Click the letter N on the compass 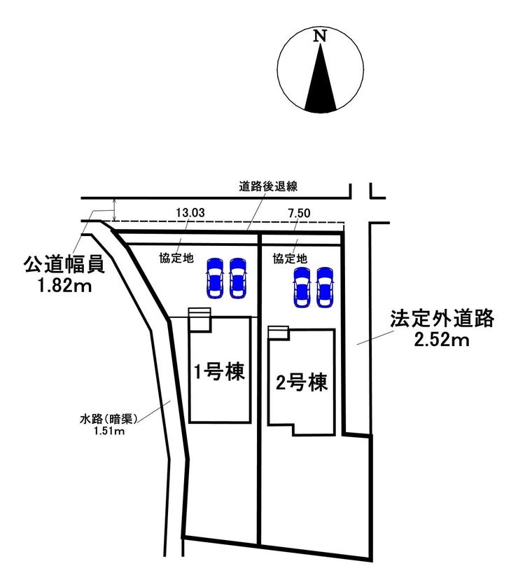coord(321,36)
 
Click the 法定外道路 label coord(442,320)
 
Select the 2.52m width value coord(442,341)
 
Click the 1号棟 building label coord(219,372)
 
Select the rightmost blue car coord(324,286)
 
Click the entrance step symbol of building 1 coord(198,317)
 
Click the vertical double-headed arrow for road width coord(114,209)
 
